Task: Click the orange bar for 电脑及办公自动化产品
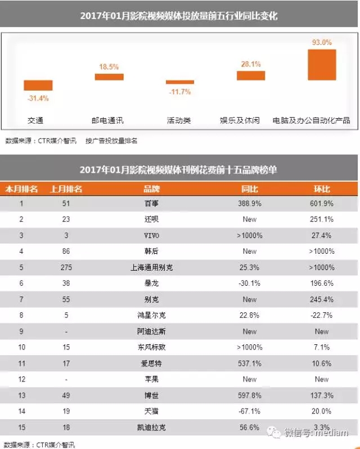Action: (x=322, y=65)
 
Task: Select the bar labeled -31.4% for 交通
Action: (x=38, y=86)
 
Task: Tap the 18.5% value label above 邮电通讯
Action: (x=109, y=66)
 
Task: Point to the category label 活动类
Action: (x=179, y=120)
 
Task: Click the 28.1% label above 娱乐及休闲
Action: (x=251, y=64)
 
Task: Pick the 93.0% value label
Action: (x=322, y=42)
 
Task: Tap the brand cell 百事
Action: (x=151, y=203)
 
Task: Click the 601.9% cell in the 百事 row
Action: (x=322, y=203)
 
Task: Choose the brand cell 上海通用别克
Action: (x=151, y=267)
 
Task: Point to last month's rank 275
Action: (x=66, y=267)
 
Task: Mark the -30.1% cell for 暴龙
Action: (x=250, y=284)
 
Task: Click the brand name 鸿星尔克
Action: (x=151, y=316)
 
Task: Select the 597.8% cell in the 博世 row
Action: (x=250, y=396)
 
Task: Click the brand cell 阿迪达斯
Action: (x=151, y=331)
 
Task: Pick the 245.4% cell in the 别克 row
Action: (x=322, y=299)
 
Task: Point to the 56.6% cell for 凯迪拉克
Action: (x=250, y=428)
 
